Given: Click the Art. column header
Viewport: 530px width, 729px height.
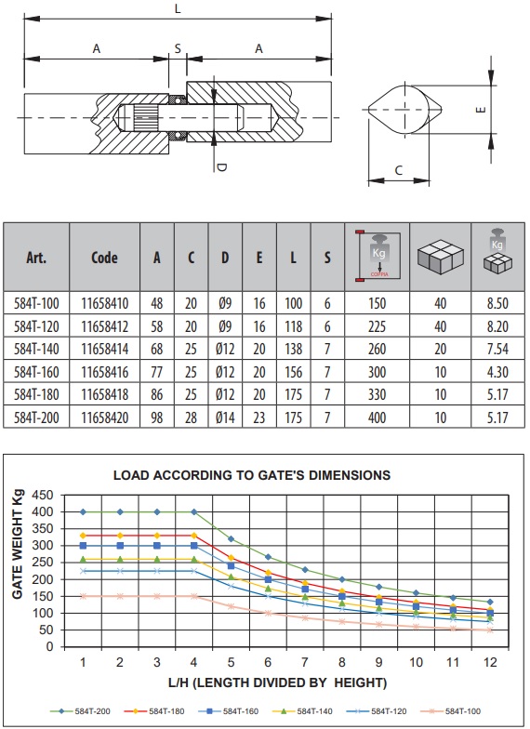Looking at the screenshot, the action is tap(36, 257).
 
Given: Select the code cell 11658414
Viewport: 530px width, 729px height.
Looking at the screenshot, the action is tap(104, 349).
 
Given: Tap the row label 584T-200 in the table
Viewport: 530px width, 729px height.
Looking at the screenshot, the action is tap(36, 418).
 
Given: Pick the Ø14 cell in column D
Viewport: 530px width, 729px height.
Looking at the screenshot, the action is tap(225, 418).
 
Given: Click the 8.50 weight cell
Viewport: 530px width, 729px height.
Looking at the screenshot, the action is tap(497, 303).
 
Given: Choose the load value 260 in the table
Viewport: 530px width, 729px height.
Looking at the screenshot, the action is tap(378, 349).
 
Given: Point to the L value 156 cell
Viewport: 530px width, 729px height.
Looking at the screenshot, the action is tap(294, 372).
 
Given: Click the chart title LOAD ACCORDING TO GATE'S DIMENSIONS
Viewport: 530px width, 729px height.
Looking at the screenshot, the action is tap(252, 475).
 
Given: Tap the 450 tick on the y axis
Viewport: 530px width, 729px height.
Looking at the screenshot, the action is tap(43, 495).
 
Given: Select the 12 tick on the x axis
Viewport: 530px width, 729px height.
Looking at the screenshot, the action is tap(490, 662).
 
